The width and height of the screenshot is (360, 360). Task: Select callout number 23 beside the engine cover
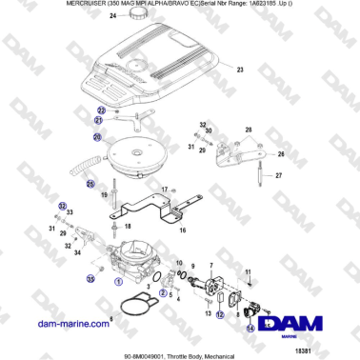241,70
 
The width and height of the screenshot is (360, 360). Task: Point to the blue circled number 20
96,137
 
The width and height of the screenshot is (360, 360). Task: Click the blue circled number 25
91,183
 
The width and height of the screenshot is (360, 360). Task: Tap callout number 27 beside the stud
279,175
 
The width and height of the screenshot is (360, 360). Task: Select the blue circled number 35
91,279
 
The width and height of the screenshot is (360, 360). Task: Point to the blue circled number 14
250,327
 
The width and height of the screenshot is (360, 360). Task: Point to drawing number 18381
330,351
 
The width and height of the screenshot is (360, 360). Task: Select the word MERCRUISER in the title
35,5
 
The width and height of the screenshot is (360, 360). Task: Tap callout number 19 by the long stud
102,194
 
